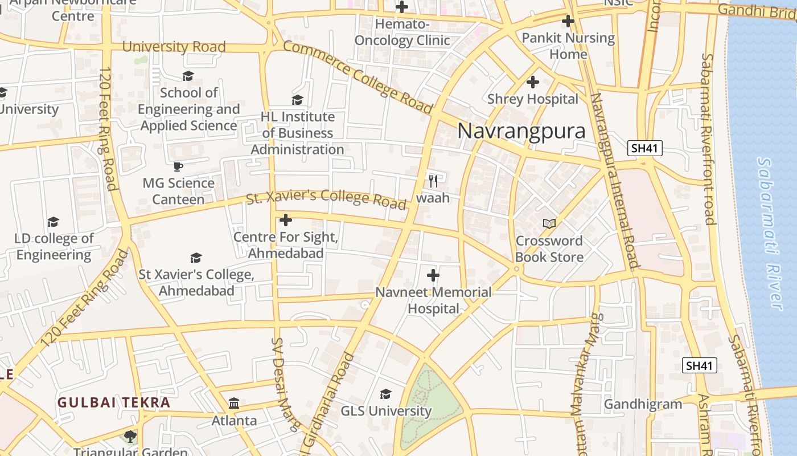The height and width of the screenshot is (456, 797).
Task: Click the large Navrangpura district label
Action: (x=521, y=131)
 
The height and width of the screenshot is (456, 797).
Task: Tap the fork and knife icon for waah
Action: (x=433, y=181)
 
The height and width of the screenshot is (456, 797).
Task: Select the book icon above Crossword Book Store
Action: (x=549, y=223)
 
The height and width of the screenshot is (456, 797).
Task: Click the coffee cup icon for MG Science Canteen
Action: (x=178, y=166)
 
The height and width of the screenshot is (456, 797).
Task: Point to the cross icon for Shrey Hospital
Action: (x=532, y=82)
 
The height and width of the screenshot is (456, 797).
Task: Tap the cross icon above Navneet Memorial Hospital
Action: (x=433, y=276)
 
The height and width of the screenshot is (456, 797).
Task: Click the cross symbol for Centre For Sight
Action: (x=286, y=220)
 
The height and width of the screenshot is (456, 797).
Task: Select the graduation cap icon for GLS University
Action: (x=385, y=394)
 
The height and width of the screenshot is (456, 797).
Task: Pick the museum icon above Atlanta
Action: (x=234, y=404)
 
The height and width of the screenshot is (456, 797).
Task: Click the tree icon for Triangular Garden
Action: (x=130, y=437)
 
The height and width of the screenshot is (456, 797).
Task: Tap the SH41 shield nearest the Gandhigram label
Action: (x=699, y=366)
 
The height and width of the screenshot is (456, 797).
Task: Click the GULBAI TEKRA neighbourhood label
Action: (x=114, y=402)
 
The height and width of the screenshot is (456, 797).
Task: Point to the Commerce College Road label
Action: (x=358, y=77)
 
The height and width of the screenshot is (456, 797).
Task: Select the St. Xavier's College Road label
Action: (x=326, y=198)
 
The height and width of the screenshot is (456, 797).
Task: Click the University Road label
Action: (x=174, y=47)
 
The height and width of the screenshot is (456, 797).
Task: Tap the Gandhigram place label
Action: (x=643, y=405)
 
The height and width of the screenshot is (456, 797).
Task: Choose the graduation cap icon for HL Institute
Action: (x=297, y=100)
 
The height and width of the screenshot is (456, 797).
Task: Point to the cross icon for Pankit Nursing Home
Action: (x=568, y=22)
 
